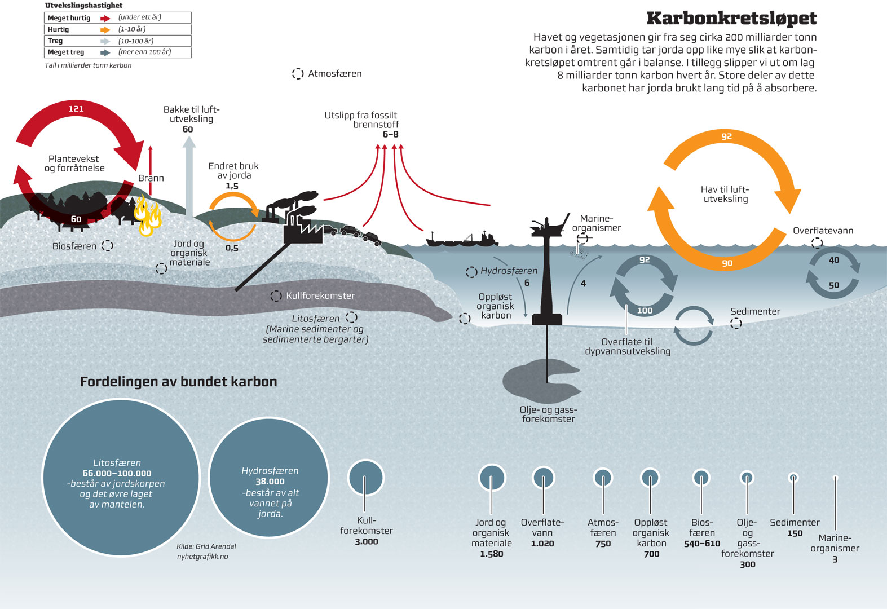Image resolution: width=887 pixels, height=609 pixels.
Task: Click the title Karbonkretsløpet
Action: pyautogui.click(x=731, y=18)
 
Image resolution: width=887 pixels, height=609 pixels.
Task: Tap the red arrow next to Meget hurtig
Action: pyautogui.click(x=105, y=18)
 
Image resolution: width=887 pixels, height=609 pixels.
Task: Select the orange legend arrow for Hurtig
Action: pyautogui.click(x=105, y=30)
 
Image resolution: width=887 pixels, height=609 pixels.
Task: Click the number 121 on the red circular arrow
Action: pyautogui.click(x=76, y=108)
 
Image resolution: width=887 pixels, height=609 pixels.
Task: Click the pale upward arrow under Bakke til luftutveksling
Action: pyautogui.click(x=189, y=178)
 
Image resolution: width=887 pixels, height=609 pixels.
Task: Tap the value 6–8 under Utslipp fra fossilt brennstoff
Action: pyautogui.click(x=390, y=134)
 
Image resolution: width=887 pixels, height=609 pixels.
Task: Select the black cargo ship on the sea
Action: pyautogui.click(x=462, y=239)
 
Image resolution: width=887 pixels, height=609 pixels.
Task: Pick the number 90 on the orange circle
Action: pyautogui.click(x=727, y=263)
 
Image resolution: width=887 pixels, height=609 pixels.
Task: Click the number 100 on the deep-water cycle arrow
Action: pyautogui.click(x=645, y=311)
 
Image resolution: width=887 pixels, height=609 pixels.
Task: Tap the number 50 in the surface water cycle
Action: pyautogui.click(x=834, y=285)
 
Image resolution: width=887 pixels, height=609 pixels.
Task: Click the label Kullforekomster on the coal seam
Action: pyautogui.click(x=320, y=295)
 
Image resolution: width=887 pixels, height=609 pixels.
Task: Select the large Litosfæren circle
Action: pyautogui.click(x=121, y=478)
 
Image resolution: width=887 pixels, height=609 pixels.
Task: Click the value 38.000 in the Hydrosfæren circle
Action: pyautogui.click(x=270, y=482)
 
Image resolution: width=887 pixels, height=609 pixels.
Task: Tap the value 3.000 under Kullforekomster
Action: pyautogui.click(x=367, y=542)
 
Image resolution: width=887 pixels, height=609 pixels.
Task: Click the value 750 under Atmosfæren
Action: pyautogui.click(x=603, y=544)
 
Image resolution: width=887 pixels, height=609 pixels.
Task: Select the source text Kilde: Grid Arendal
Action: pyautogui.click(x=206, y=546)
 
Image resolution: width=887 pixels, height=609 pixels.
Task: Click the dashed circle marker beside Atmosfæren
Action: pyautogui.click(x=298, y=73)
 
